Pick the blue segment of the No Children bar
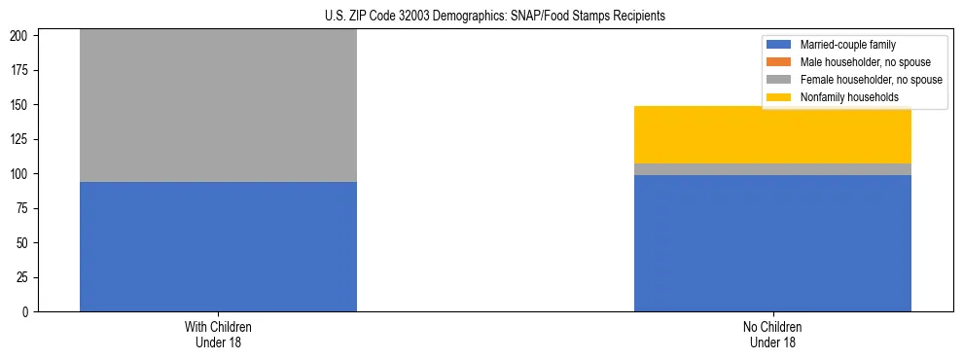tap(772, 243)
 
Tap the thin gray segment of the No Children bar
tap(772, 169)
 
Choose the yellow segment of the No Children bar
tap(772, 135)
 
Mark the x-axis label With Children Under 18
tap(218, 335)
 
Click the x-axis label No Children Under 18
tap(772, 335)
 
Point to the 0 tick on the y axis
tap(29, 311)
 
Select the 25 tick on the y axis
tap(26, 277)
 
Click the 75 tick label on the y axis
tap(26, 208)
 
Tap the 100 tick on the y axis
tap(23, 174)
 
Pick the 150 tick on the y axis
tap(23, 105)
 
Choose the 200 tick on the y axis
tap(23, 36)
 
